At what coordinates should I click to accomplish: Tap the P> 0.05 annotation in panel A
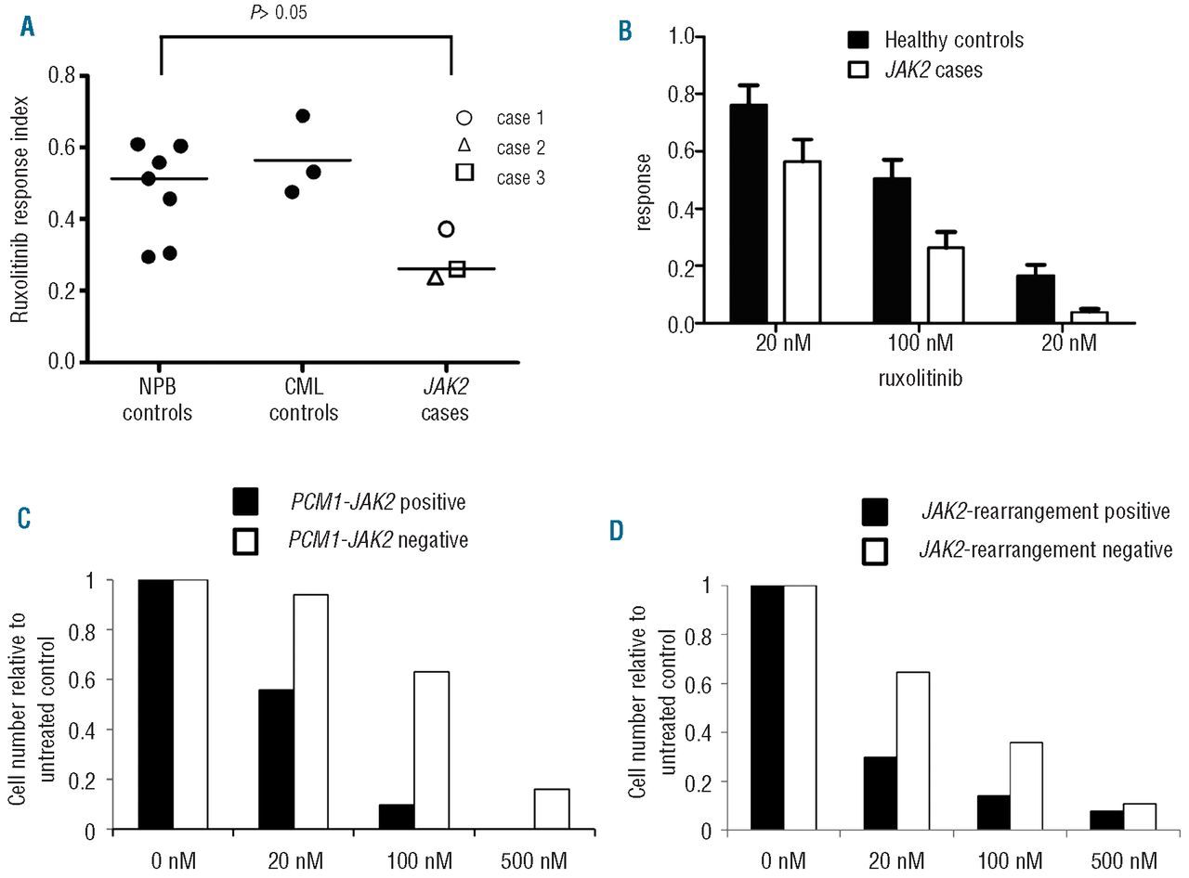point(307,12)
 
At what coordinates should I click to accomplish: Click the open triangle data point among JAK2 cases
point(435,276)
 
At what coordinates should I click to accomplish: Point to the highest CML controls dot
point(302,116)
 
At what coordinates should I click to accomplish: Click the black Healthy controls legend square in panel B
point(859,40)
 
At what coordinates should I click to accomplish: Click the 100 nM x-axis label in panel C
point(409,857)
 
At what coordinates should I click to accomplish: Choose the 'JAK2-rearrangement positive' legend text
point(1044,511)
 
